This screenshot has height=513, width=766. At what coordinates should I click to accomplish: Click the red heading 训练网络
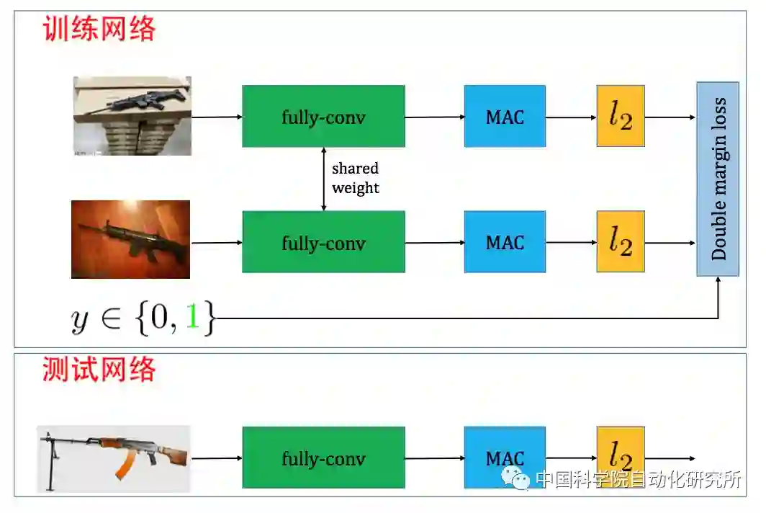click(99, 29)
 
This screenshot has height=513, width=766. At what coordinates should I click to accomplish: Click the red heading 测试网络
click(99, 369)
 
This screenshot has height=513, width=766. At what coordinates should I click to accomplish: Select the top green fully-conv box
click(323, 117)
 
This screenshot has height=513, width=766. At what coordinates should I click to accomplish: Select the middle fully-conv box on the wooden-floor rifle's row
click(323, 242)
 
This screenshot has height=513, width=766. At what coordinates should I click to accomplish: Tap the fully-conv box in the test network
click(323, 458)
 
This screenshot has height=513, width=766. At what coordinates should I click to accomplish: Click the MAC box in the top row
click(505, 117)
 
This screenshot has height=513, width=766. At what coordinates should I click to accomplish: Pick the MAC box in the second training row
click(505, 242)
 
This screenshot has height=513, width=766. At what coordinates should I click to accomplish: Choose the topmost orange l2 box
click(620, 117)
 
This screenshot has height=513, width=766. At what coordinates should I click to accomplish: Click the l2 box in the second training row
click(620, 242)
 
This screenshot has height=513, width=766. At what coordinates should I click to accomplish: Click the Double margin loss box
click(718, 179)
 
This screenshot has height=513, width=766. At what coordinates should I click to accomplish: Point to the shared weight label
click(355, 178)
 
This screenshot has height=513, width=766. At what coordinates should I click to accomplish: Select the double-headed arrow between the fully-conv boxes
click(324, 179)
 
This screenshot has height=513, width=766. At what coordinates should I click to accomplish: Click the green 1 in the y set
click(191, 318)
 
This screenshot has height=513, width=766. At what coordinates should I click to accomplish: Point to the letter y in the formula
click(79, 319)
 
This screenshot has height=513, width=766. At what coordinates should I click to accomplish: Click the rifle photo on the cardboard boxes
click(132, 115)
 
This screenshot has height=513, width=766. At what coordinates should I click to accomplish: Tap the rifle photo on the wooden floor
click(131, 239)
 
